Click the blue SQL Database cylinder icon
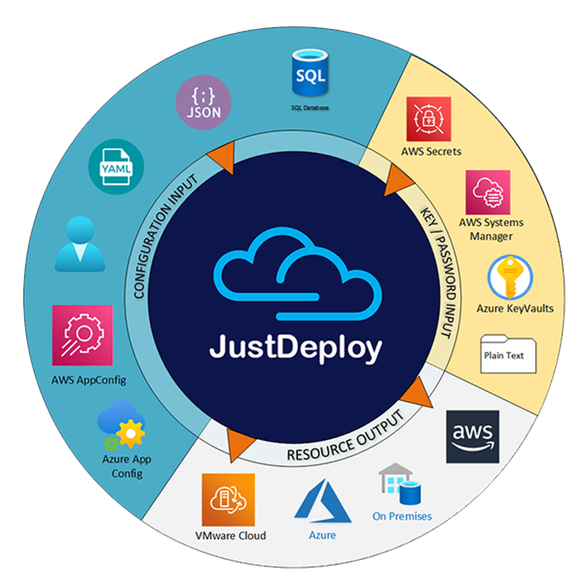[310, 74]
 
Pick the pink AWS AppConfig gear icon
[82, 335]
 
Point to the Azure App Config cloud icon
[122, 424]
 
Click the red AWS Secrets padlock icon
[428, 119]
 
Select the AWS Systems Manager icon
[488, 192]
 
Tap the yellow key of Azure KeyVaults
[510, 277]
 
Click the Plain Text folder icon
[508, 355]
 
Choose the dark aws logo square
[472, 437]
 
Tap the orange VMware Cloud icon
[228, 499]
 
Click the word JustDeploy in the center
[296, 348]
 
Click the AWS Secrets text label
[431, 152]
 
